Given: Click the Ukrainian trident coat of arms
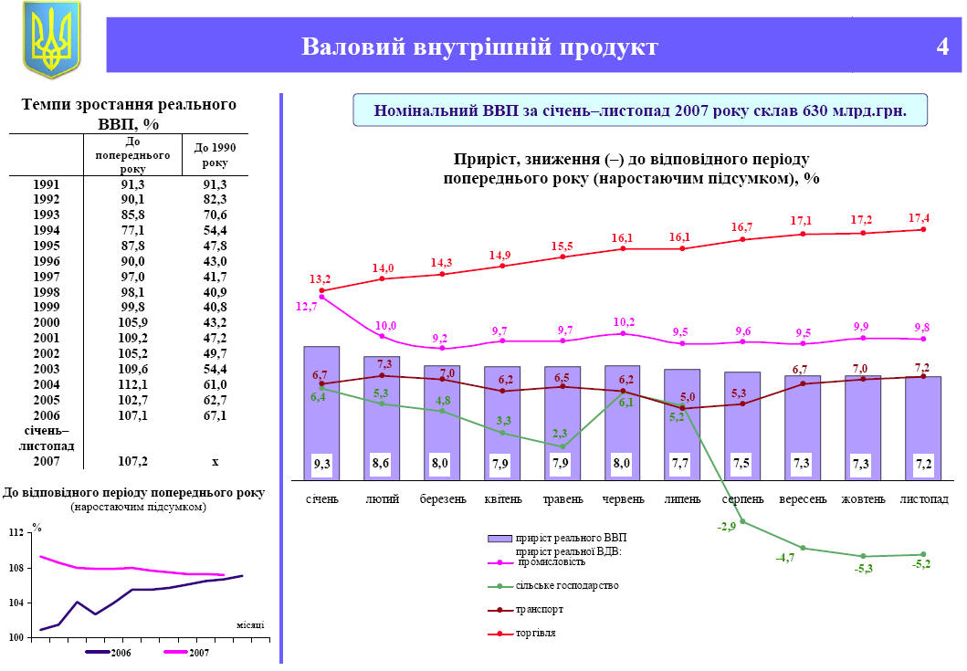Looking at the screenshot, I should (51, 38).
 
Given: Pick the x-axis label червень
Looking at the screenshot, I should (623, 499).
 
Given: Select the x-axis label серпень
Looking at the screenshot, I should (742, 499).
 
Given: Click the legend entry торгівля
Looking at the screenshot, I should (536, 633).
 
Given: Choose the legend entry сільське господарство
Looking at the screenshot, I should (567, 585).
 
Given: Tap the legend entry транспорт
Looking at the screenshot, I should (540, 609).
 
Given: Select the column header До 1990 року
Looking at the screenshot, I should (215, 155).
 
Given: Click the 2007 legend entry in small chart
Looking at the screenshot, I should (198, 652).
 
